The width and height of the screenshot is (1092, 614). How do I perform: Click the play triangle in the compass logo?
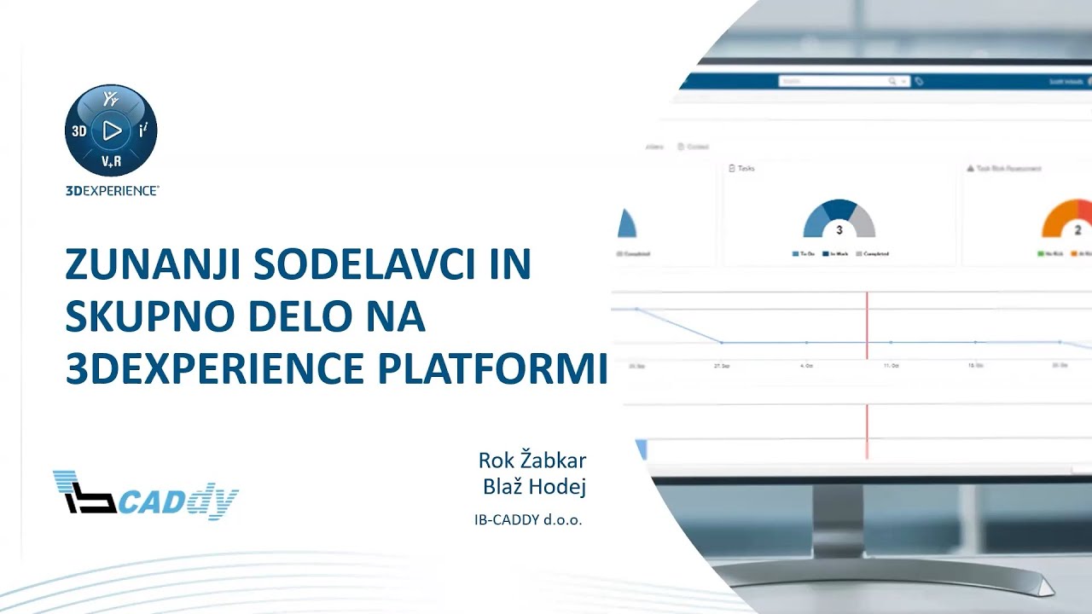coord(112,130)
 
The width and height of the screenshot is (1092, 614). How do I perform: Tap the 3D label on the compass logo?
coord(78,131)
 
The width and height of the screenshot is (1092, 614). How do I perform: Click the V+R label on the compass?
coord(111,161)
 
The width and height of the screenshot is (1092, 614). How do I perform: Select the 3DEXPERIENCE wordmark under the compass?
coord(112,191)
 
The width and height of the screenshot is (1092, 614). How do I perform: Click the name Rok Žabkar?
coord(531,461)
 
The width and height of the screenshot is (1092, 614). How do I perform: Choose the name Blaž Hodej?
coord(534,487)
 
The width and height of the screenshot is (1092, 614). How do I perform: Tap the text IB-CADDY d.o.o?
coord(528,518)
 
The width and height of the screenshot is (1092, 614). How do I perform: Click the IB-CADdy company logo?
coord(145,495)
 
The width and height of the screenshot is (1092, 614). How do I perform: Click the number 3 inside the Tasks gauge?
coord(839,230)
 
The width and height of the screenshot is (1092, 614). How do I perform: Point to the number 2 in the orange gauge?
coord(1077,230)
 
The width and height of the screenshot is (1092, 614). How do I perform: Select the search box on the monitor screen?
coord(840,81)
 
